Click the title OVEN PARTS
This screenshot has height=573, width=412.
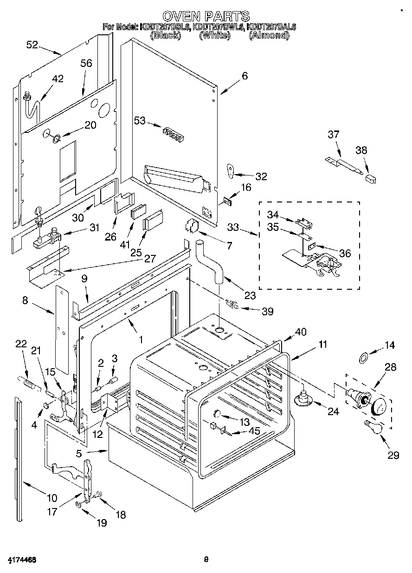pos(206,16)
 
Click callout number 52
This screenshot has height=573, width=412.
pos(32,45)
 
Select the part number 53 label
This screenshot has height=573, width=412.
pos(139,121)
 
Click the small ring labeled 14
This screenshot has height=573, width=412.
pos(364,357)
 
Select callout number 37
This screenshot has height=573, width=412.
pos(333,135)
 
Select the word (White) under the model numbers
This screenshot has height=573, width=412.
pos(214,35)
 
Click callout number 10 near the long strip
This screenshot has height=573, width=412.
pos(51,498)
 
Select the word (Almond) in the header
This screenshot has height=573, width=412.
pos(269,35)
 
